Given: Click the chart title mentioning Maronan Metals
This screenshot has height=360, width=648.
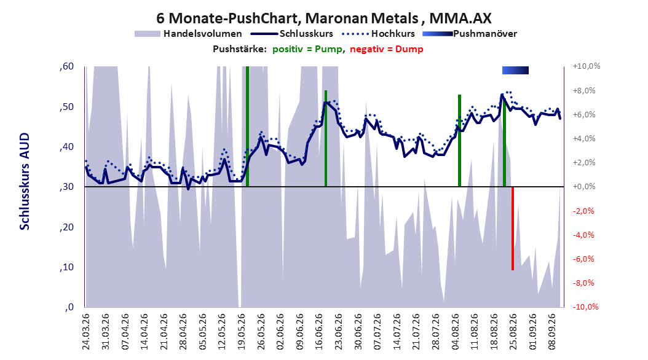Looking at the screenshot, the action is pyautogui.click(x=323, y=18).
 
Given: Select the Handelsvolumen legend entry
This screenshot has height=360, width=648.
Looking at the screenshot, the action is pyautogui.click(x=188, y=34).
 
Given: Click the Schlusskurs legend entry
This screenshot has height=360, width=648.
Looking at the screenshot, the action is pyautogui.click(x=292, y=34).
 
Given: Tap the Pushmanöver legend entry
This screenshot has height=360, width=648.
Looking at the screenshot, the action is pyautogui.click(x=470, y=34).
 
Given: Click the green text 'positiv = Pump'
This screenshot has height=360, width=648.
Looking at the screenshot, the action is pyautogui.click(x=307, y=49).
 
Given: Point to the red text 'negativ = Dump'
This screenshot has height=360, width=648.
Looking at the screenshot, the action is pyautogui.click(x=387, y=49).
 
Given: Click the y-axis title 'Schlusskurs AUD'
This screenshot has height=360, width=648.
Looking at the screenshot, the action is pyautogui.click(x=25, y=181).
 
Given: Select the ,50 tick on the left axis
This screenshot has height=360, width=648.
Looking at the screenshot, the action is pyautogui.click(x=66, y=106).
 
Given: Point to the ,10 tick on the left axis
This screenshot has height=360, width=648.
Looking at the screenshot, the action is pyautogui.click(x=66, y=267).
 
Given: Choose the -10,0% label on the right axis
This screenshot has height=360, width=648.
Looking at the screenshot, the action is pyautogui.click(x=585, y=307).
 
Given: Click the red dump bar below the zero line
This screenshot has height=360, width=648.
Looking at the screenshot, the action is pyautogui.click(x=513, y=229).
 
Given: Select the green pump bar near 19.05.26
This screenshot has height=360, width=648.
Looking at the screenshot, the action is pyautogui.click(x=247, y=127).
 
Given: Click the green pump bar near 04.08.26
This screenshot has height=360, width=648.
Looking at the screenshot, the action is pyautogui.click(x=459, y=141).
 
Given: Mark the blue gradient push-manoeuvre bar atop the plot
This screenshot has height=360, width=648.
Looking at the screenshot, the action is pyautogui.click(x=515, y=70).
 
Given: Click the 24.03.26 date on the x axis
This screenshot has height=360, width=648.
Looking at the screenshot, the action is pyautogui.click(x=86, y=332).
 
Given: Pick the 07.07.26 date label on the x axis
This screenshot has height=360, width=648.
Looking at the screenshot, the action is pyautogui.click(x=377, y=332).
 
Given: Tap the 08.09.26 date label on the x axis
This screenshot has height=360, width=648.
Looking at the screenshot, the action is pyautogui.click(x=552, y=332).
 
